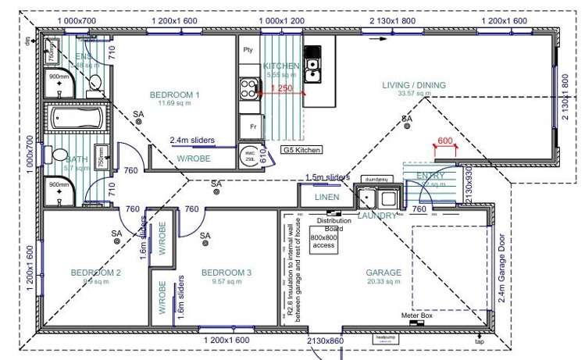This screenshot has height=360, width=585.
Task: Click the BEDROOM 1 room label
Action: click(175, 94)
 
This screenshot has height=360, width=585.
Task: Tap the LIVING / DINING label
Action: click(413, 85)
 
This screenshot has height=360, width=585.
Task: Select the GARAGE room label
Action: click(383, 273)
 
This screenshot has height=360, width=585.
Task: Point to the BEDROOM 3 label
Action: click(227, 273)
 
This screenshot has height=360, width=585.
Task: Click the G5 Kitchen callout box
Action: click(301, 148)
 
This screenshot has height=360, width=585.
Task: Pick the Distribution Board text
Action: click(323, 224)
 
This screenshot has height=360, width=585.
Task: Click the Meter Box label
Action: click(416, 315)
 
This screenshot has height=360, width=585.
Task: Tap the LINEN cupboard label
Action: click(326, 198)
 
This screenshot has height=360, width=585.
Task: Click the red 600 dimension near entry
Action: click(445, 141)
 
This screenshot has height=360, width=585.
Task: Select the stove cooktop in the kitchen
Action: click(250, 87)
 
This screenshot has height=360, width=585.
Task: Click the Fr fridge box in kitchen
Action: click(252, 126)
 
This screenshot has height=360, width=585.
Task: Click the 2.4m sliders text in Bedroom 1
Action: click(192, 141)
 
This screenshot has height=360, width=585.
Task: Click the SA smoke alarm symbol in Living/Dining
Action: click(406, 119)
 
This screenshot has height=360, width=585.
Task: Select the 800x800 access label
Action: click(323, 241)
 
